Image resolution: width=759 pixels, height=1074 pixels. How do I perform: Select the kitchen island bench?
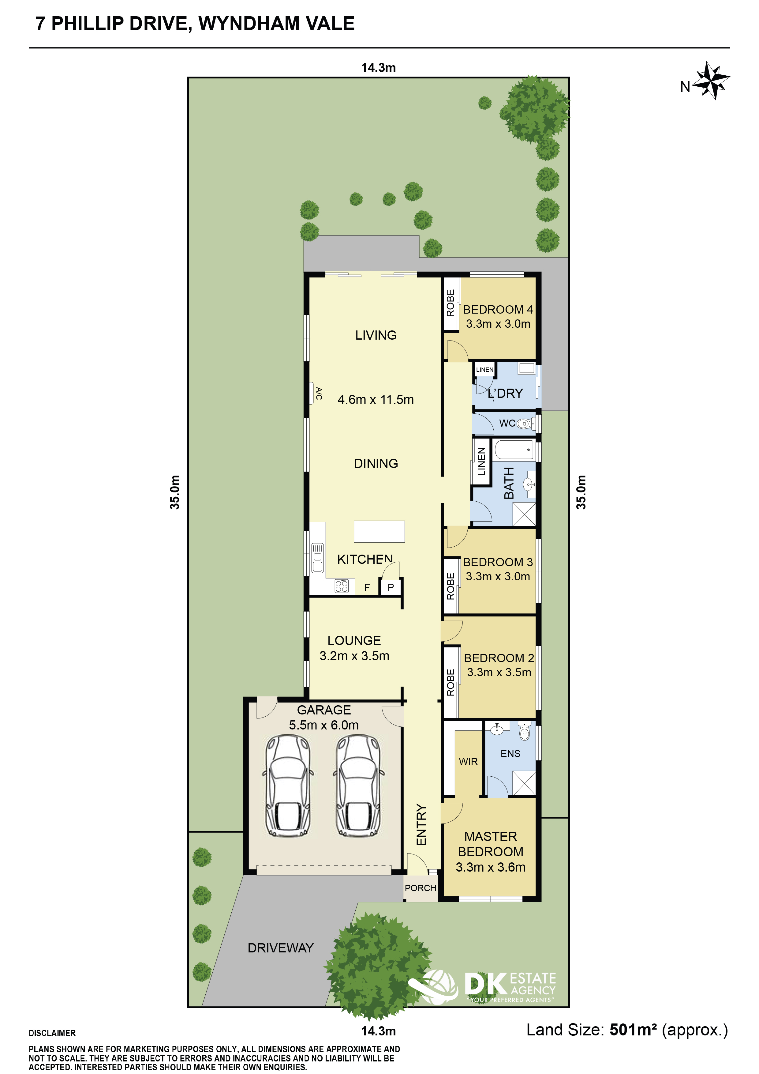379,531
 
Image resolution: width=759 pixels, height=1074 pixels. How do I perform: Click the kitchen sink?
317,558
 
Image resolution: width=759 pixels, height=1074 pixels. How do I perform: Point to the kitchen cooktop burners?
342,586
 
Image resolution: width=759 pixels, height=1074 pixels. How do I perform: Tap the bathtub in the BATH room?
514,450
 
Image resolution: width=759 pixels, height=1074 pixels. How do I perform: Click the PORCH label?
421,888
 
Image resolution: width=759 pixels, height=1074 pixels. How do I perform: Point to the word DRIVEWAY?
280,948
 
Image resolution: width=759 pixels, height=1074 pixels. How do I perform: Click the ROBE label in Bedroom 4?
451,303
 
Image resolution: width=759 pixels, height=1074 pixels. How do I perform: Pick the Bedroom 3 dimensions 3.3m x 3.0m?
498,576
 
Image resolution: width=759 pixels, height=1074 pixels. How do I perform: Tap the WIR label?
468,762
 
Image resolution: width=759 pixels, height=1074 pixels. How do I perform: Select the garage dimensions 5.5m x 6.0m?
324,725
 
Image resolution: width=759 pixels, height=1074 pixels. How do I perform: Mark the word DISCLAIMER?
52,1033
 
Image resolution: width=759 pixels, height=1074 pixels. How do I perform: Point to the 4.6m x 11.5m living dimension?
376,399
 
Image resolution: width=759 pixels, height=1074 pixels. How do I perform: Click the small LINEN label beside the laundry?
485,370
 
